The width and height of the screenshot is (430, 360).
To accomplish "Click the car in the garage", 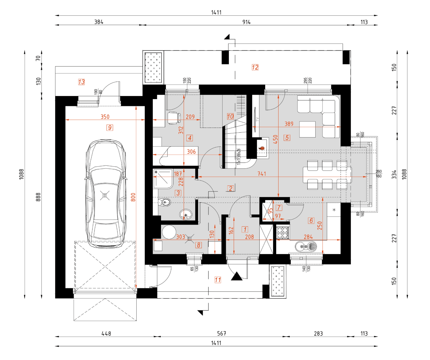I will pos(105,194).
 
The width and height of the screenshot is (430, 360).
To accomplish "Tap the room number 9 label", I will pos(110,128).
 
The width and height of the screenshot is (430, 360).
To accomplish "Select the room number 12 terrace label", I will pos(255,67).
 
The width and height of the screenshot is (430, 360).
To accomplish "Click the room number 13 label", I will pos(81,82).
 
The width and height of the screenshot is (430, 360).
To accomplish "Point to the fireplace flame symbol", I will pos(262,148).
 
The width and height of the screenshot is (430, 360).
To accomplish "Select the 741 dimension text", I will pos(262,174).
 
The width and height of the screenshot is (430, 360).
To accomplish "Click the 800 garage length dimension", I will pos(133,197).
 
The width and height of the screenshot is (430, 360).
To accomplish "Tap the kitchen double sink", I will pos(306,246).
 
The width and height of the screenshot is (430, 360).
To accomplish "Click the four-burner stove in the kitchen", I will pos(282,233).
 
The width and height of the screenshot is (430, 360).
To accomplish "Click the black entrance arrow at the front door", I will pos(236,276).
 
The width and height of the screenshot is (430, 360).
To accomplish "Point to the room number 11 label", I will pos(218,280).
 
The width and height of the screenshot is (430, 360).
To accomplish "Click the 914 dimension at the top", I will pos(246,22).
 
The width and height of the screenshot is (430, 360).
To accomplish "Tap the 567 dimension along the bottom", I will pos(222,333).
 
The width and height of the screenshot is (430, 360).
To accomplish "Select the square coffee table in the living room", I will pos(307,129).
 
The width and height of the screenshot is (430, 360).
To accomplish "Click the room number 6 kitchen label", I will pos(311,220).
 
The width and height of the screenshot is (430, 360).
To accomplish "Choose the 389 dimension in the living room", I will pos(289,124).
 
